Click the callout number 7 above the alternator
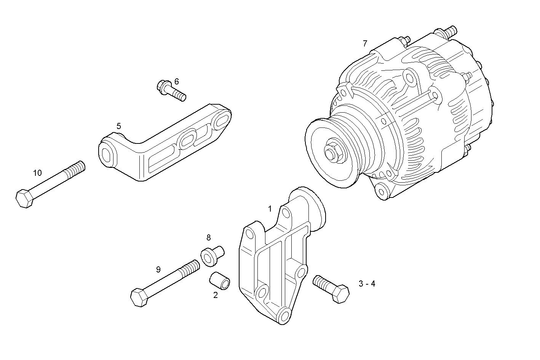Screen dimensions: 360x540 [365, 43]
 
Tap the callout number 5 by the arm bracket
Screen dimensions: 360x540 [119, 126]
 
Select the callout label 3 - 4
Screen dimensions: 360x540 [367, 284]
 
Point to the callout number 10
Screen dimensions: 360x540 [37, 173]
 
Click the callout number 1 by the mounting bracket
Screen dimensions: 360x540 [270, 209]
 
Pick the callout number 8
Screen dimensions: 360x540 [208, 238]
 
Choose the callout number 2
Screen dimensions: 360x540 [215, 295]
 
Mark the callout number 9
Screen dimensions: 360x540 [158, 270]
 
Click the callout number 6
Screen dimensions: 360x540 [176, 81]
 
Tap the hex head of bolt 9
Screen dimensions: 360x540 [139, 297]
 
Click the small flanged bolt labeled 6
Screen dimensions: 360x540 [171, 90]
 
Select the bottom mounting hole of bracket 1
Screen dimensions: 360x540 [284, 316]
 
